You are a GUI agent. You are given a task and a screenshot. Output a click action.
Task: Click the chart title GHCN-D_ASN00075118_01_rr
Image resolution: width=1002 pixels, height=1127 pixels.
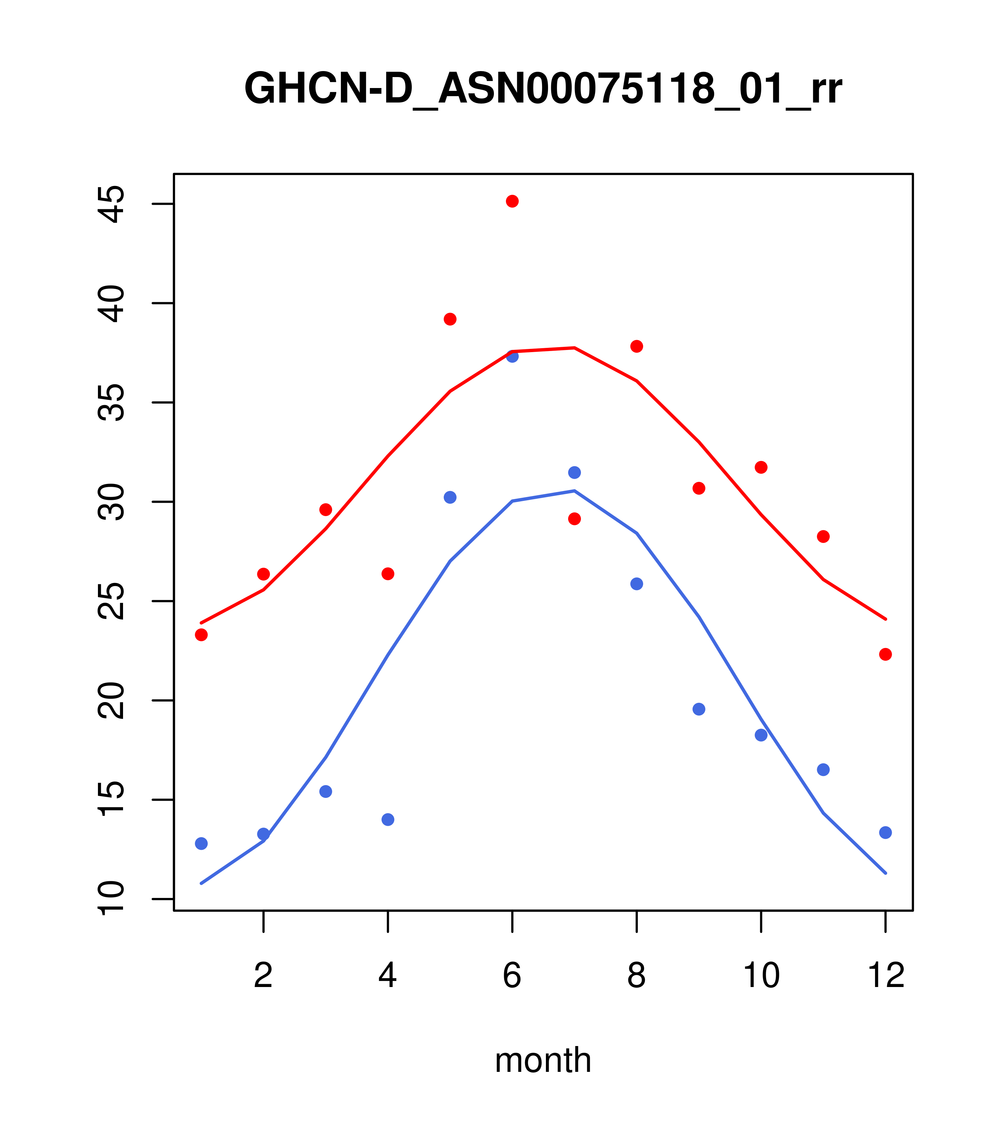click(543, 89)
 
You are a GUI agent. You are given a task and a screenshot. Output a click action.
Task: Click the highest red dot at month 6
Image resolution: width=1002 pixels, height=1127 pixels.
click(512, 201)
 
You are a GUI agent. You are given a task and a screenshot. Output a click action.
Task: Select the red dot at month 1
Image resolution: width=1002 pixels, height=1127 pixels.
click(201, 635)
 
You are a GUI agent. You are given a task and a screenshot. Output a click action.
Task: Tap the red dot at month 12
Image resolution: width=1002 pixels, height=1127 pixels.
click(886, 654)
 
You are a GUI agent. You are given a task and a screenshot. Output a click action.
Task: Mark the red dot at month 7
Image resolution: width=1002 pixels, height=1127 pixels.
click(575, 519)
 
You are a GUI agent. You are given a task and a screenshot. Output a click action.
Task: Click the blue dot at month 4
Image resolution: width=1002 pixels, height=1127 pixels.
click(388, 819)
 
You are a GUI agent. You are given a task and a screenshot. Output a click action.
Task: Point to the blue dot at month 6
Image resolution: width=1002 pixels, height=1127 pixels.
click(512, 356)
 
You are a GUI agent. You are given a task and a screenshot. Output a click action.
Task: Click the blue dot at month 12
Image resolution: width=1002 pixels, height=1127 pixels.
click(886, 833)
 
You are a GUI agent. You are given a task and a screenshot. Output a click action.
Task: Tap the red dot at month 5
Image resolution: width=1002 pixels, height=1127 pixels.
click(450, 319)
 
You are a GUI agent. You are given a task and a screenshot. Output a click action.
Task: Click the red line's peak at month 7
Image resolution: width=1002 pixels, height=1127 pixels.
click(575, 348)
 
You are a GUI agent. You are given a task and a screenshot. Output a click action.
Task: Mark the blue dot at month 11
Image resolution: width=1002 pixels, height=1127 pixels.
click(823, 770)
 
